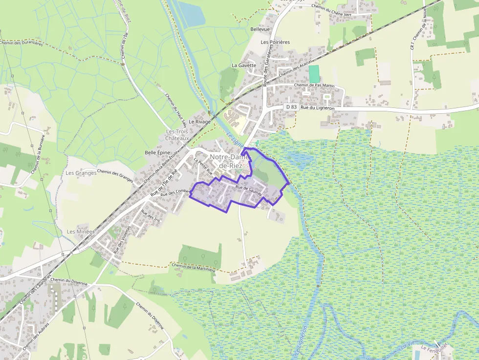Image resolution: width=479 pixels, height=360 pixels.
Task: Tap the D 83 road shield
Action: tap(291, 106)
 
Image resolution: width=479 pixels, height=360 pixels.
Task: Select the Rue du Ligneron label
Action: tap(317, 107)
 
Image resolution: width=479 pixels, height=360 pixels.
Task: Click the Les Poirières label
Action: tap(275, 42)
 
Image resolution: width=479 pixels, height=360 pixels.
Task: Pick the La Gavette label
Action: tap(244, 65)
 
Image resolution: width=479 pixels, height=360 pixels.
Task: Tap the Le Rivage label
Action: tap(199, 122)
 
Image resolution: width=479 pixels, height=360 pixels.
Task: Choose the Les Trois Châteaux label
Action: tap(177, 135)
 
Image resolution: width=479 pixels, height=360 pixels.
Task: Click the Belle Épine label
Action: tap(158, 153)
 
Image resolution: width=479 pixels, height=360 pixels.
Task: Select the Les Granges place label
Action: tap(81, 173)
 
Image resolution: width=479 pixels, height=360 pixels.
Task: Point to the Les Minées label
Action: tap(81, 231)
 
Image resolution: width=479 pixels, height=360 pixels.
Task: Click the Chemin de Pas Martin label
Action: tap(314, 85)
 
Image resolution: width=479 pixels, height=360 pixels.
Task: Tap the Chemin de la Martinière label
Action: tap(194, 267)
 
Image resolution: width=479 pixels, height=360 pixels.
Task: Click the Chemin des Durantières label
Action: tap(22, 43)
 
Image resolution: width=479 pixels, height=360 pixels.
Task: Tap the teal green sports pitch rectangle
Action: tap(314, 74)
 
